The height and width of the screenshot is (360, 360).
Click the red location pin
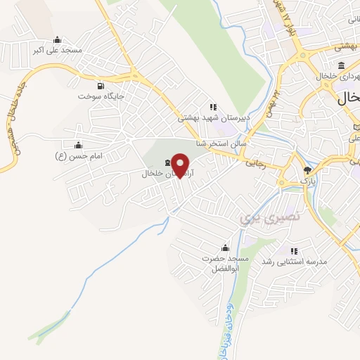click(181, 165)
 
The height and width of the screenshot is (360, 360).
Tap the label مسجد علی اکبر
click(62, 51)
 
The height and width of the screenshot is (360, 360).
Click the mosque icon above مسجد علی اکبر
click(57, 39)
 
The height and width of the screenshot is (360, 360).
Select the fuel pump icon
click(101, 86)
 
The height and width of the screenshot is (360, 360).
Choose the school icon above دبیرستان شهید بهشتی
click(213, 107)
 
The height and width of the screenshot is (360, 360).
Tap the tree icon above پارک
click(307, 171)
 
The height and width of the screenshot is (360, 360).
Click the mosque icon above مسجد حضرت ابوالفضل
click(224, 247)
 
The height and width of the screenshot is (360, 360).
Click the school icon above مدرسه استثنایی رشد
click(294, 251)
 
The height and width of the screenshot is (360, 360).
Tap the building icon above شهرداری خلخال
click(342, 66)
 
